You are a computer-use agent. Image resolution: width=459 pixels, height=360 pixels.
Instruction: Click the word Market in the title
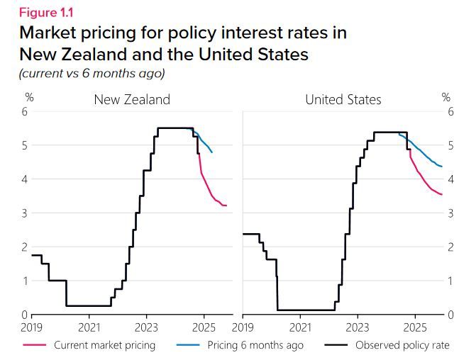pos(52,33)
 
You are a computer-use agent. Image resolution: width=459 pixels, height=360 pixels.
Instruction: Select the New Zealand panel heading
pos(132,99)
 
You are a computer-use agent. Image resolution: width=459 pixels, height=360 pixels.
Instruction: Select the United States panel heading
pos(343,99)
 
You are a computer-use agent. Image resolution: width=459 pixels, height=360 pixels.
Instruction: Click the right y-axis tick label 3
pos(450,213)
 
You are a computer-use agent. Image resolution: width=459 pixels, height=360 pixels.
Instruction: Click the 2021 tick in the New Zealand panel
pos(89,327)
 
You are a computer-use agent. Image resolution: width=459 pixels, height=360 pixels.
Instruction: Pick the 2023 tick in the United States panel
pos(357,327)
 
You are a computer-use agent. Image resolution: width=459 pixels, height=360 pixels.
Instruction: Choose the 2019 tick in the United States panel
pos(243,327)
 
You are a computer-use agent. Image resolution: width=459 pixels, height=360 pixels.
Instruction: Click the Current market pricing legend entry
pos(104,345)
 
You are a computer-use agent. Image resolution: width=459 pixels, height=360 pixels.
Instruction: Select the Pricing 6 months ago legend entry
pos(255,345)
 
